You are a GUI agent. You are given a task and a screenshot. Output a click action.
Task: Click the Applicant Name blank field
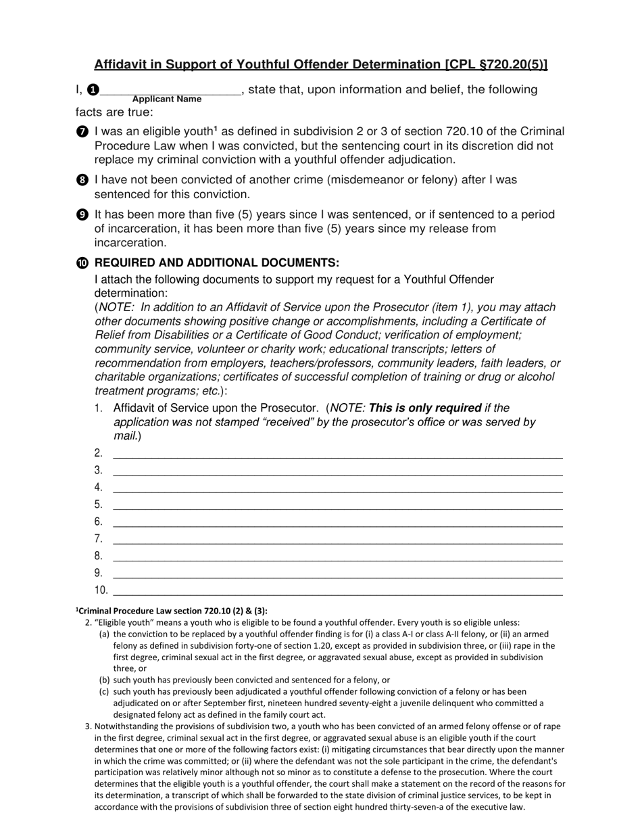point(170,89)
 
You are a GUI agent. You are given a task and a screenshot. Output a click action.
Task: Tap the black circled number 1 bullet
point(93,90)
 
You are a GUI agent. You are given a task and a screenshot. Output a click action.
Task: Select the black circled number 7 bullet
point(82,132)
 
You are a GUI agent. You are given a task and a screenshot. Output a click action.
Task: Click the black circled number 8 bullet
point(82,181)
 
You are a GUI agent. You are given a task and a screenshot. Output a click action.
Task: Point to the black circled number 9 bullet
point(82,215)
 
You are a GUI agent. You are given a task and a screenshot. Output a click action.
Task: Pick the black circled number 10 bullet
point(82,263)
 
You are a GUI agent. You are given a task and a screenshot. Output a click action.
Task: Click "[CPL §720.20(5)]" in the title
point(496,64)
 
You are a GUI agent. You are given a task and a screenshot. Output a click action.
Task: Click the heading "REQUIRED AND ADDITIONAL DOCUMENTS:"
point(217,262)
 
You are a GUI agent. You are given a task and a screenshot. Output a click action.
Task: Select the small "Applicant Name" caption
point(167,99)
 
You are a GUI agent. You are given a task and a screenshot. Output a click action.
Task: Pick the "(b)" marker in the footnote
point(104,680)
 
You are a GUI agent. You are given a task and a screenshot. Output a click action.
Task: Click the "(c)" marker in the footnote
point(104,691)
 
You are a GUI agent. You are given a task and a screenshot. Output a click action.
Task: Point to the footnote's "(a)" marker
point(104,634)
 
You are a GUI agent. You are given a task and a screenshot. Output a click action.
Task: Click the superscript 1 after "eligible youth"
point(216,129)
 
